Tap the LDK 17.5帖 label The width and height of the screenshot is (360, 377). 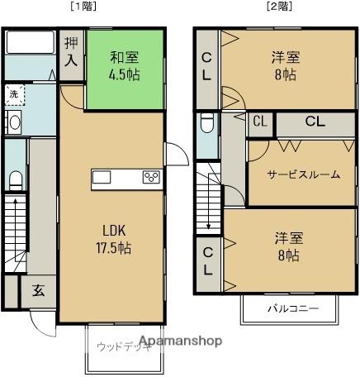113,237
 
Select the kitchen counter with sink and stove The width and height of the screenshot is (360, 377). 126,178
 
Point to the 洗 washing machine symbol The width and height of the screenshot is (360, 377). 13,96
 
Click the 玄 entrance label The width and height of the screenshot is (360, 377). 39,290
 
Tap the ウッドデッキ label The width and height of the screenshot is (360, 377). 115,346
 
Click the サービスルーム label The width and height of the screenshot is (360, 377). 303,174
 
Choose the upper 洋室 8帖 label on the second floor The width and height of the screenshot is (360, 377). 288,66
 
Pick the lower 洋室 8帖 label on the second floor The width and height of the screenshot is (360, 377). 288,247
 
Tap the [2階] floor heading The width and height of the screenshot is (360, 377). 277,7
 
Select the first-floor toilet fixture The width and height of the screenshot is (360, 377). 14,180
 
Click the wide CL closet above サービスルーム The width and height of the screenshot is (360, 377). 315,122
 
